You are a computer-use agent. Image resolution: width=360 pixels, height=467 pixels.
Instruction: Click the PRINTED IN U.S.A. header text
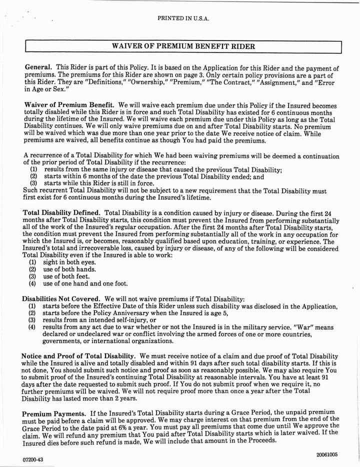point(183,18)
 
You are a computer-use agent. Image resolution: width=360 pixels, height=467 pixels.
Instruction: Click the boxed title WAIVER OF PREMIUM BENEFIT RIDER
point(183,46)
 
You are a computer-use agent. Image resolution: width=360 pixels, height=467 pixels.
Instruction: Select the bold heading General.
point(38,67)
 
